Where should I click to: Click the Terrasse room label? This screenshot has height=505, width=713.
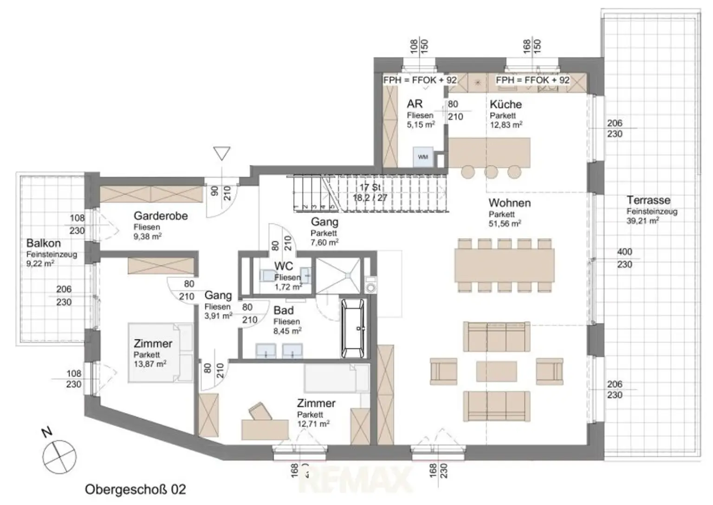[648, 200]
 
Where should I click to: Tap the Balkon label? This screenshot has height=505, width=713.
[43, 243]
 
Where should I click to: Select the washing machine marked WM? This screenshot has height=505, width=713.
[422, 157]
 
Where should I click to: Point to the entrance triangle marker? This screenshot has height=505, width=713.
[222, 153]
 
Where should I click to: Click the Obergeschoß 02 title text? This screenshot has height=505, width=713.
[135, 489]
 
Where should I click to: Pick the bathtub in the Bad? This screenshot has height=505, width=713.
[354, 328]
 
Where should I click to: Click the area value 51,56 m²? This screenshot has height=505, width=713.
[505, 223]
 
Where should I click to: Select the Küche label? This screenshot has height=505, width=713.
[506, 105]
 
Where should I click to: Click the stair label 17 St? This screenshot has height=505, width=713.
[370, 187]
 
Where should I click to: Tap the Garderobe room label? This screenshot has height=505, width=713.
[161, 216]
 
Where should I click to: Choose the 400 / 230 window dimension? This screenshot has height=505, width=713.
[624, 258]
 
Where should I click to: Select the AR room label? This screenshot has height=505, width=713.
[415, 104]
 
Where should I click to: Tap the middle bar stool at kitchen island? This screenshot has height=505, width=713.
[491, 171]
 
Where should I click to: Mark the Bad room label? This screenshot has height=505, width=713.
[283, 310]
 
